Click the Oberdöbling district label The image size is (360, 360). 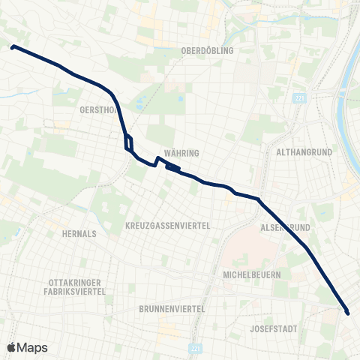click(x=208, y=50)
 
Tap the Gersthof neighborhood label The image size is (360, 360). click(x=97, y=109)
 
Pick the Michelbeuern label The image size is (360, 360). click(x=252, y=275)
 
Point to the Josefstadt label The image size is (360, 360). click(x=277, y=328)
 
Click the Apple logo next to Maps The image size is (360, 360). click(x=12, y=347)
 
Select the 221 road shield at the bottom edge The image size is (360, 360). click(x=196, y=349)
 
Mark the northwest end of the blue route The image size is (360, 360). click(x=13, y=46)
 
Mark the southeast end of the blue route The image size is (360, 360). click(x=347, y=311)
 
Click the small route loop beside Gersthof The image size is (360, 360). click(x=128, y=141)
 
